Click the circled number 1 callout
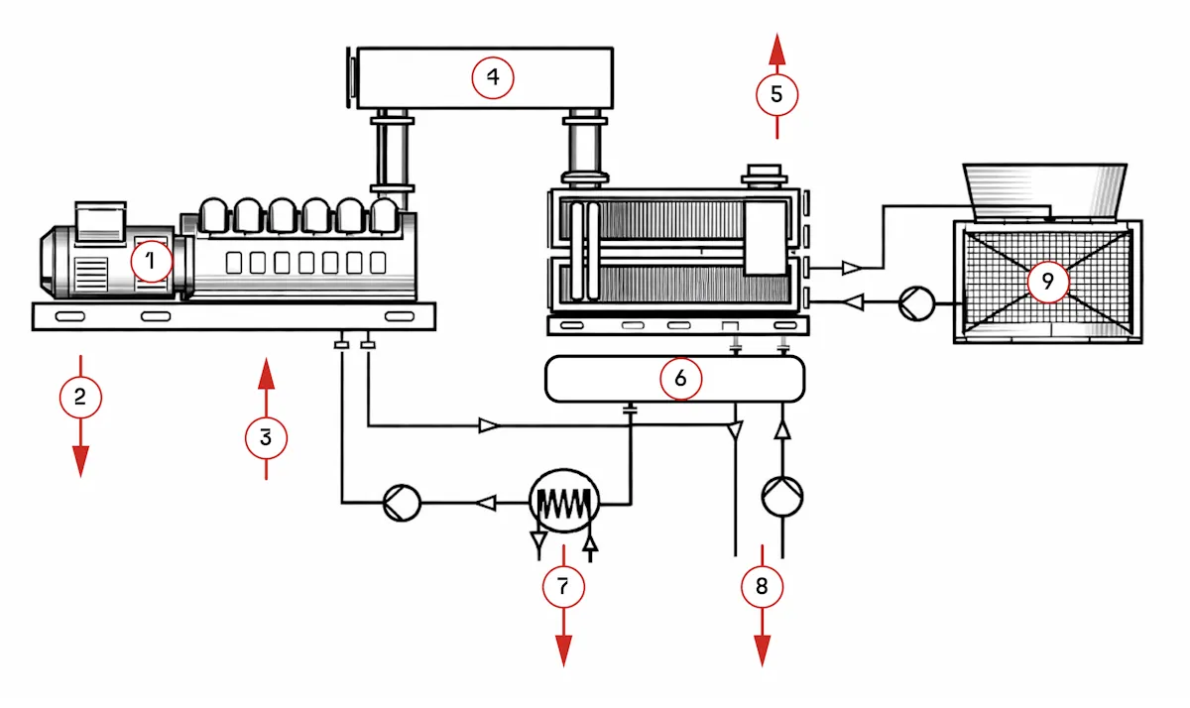click(x=152, y=262)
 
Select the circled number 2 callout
click(x=80, y=397)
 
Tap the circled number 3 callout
click(x=266, y=438)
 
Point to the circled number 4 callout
click(x=493, y=77)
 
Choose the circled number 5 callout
click(x=776, y=94)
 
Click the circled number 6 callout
click(x=680, y=379)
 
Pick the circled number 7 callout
click(x=563, y=587)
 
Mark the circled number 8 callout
click(x=762, y=586)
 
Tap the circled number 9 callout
click(x=1047, y=282)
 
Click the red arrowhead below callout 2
click(x=80, y=461)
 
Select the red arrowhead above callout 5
click(x=777, y=49)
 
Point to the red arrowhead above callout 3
click(x=266, y=373)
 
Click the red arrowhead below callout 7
click(x=563, y=650)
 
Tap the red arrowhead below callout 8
click(x=763, y=650)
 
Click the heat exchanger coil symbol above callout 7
click(x=564, y=501)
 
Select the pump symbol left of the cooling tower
click(x=916, y=303)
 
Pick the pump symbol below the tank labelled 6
click(x=782, y=497)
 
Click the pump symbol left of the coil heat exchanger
click(x=403, y=503)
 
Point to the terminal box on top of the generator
click(x=100, y=222)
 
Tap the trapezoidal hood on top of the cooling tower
click(x=1045, y=191)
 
